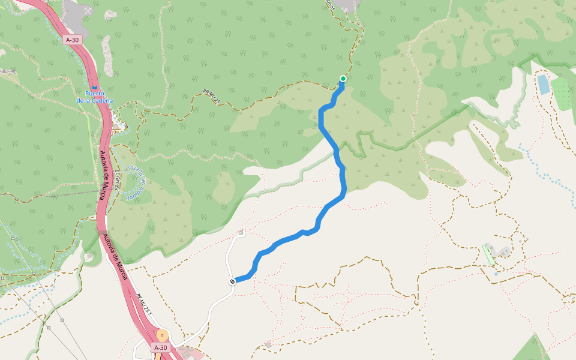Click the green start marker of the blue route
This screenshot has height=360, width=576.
343,79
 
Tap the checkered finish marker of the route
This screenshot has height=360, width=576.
232,281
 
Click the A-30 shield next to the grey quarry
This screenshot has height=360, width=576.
72,40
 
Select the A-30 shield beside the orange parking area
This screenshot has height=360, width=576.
160,347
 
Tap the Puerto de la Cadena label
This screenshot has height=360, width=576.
95,97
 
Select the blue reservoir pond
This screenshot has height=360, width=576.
543,84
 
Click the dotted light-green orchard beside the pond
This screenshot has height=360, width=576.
562,94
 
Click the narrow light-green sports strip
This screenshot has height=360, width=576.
489,254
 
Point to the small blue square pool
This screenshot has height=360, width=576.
496,274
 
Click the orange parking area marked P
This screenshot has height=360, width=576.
161,335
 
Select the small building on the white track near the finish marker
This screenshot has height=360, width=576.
241,232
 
